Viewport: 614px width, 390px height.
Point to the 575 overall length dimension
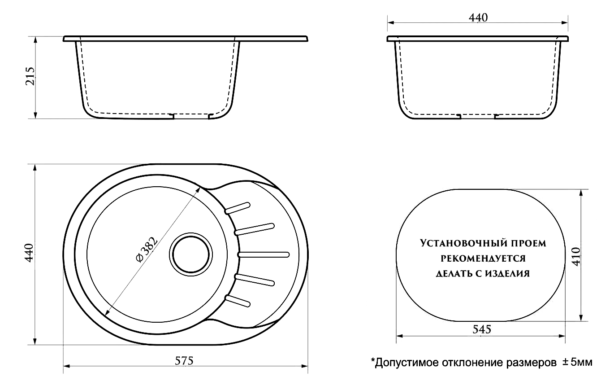(184, 361)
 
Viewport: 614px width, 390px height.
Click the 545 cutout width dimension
(482, 329)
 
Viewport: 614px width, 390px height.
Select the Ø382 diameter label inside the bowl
(147, 250)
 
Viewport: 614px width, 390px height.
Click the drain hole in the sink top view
(190, 254)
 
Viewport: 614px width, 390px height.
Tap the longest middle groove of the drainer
(264, 254)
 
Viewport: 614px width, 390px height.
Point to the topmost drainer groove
(237, 208)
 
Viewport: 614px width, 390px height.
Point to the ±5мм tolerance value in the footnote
(578, 362)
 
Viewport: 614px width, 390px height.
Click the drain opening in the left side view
(191, 116)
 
